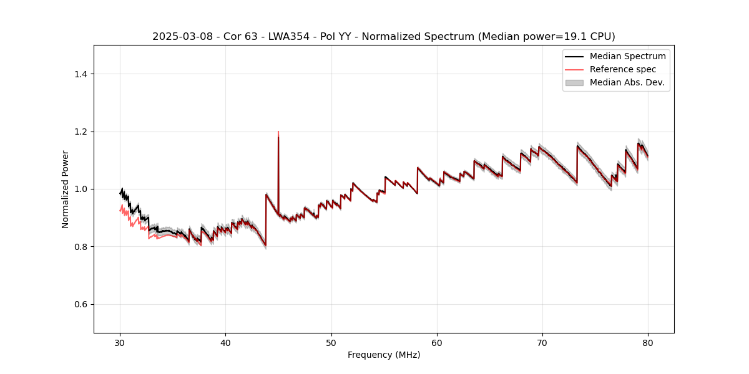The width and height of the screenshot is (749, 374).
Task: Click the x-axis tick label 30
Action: pyautogui.click(x=120, y=342)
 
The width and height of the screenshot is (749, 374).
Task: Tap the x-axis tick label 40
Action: pyautogui.click(x=225, y=342)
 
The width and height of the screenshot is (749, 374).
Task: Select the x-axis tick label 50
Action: pyautogui.click(x=331, y=342)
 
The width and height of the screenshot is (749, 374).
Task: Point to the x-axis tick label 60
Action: pyautogui.click(x=437, y=342)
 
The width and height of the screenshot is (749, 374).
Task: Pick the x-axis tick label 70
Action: pyautogui.click(x=542, y=342)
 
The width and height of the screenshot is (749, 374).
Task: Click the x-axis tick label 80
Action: pyautogui.click(x=648, y=342)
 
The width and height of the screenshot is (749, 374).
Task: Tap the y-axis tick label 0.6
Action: pyautogui.click(x=81, y=304)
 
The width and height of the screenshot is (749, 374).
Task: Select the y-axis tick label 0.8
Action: pyautogui.click(x=81, y=247)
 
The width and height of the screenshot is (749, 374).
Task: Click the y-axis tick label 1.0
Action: pyautogui.click(x=81, y=189)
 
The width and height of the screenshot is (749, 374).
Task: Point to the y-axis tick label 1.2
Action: pyautogui.click(x=81, y=132)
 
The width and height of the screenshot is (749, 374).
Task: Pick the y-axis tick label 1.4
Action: pyautogui.click(x=81, y=74)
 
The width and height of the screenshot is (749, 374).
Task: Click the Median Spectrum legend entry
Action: pyautogui.click(x=627, y=56)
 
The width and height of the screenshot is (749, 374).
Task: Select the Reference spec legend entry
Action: pyautogui.click(x=623, y=69)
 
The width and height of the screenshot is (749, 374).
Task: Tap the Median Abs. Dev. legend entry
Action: pyautogui.click(x=627, y=82)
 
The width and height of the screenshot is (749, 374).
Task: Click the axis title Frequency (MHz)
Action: pyautogui.click(x=384, y=355)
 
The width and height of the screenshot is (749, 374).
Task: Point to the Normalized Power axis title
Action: pyautogui.click(x=66, y=189)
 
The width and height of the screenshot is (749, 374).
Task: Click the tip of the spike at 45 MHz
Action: pyautogui.click(x=278, y=132)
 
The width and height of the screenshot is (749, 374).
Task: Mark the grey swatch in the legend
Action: pyautogui.click(x=574, y=82)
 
